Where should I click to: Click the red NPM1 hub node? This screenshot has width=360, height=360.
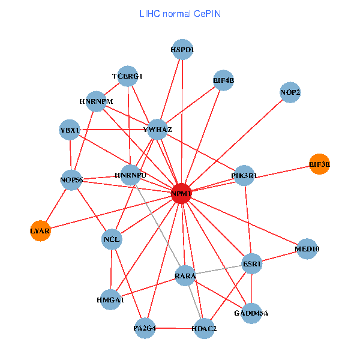tap(181, 194)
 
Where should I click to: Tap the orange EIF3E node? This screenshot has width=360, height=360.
tap(319, 164)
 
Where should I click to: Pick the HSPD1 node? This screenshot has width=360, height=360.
tap(182, 50)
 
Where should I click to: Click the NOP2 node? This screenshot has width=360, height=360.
tap(290, 92)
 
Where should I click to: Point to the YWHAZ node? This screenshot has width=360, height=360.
tap(157, 130)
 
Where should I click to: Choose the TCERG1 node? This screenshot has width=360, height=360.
tap(128, 76)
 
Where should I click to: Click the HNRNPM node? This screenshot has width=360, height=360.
tap(96, 101)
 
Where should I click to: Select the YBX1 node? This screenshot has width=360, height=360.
tap(70, 130)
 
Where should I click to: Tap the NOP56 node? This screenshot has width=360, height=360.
tap(71, 179)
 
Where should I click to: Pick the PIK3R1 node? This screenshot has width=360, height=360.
tap(244, 176)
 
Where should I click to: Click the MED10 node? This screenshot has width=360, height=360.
tap(307, 248)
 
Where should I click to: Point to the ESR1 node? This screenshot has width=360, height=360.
tap(251, 263)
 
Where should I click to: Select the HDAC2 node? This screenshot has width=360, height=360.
tap(204, 329)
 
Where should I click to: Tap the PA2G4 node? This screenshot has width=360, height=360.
tap(145, 328)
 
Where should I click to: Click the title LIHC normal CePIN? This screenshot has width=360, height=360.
tap(179, 13)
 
